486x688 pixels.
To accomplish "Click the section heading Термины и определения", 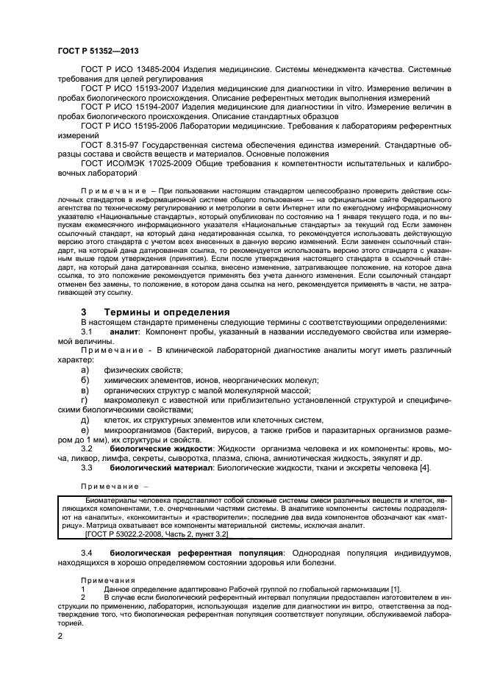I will pos(157,312).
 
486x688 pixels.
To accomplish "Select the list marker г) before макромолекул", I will pos(85,399).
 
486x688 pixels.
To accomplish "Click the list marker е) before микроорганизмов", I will pos(85,429).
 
